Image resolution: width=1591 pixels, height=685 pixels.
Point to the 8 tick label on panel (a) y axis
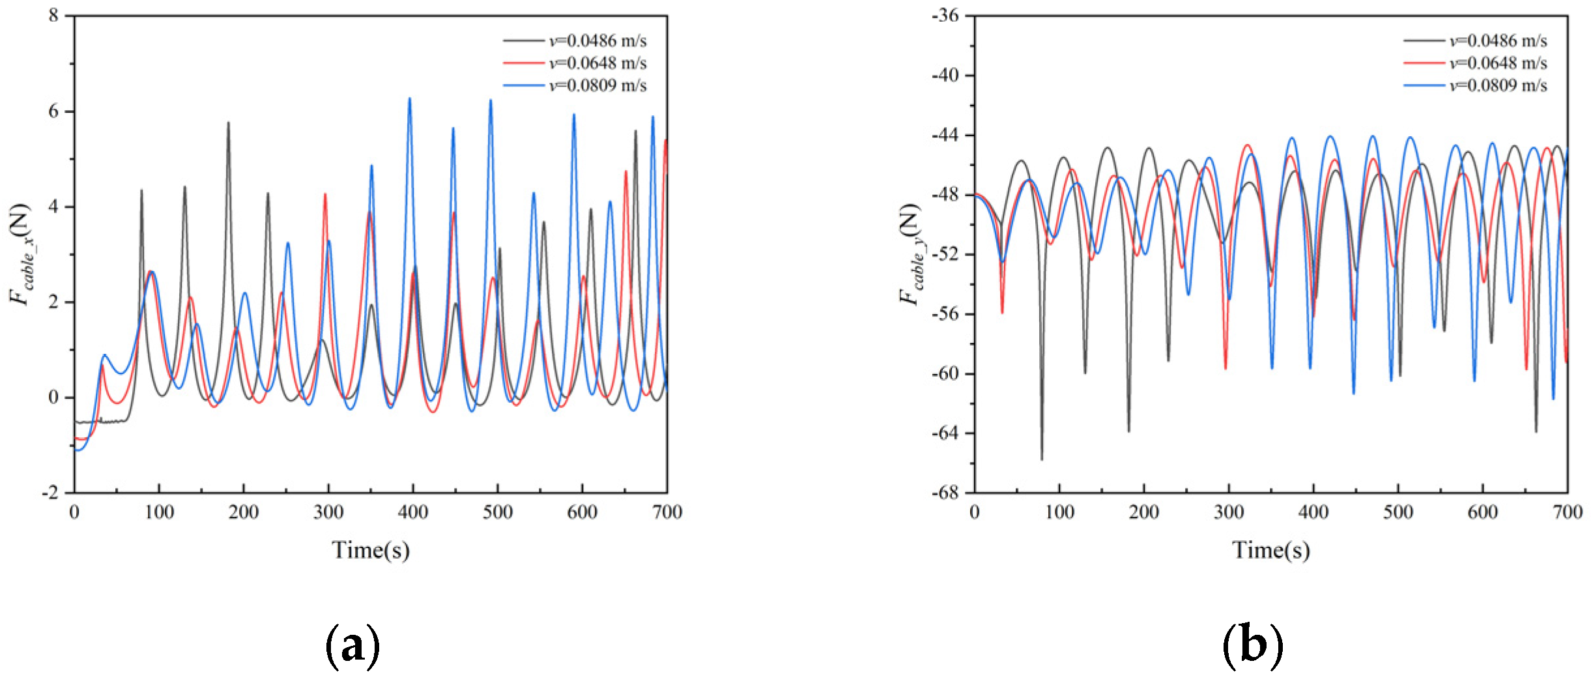pyautogui.click(x=53, y=15)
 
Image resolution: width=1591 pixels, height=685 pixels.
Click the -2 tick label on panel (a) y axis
pyautogui.click(x=50, y=492)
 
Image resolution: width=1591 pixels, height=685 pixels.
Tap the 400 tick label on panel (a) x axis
pyautogui.click(x=412, y=512)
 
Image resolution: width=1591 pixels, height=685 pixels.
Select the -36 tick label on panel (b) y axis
pyautogui.click(x=946, y=15)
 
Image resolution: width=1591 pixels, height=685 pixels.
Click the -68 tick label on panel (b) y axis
pyautogui.click(x=946, y=492)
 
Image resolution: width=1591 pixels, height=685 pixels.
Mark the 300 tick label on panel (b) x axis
pyautogui.click(x=1229, y=512)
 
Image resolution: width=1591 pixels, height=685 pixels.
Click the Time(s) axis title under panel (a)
pyautogui.click(x=371, y=550)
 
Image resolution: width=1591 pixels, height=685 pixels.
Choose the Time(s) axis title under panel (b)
pyautogui.click(x=1270, y=550)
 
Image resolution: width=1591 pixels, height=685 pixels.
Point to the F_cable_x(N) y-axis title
pyautogui.click(x=20, y=254)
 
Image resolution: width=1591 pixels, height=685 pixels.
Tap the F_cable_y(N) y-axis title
pyautogui.click(x=910, y=254)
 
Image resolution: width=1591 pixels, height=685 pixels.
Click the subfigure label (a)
pyautogui.click(x=352, y=645)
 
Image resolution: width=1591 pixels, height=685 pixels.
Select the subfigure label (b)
pyautogui.click(x=1252, y=645)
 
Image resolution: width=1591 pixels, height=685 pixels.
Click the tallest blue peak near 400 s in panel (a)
pyautogui.click(x=410, y=99)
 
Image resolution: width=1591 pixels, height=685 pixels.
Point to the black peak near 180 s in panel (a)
pyautogui.click(x=228, y=123)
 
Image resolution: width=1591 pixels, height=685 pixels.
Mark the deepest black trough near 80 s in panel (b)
pyautogui.click(x=1041, y=459)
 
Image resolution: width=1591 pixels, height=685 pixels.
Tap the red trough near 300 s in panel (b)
pyautogui.click(x=1225, y=368)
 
